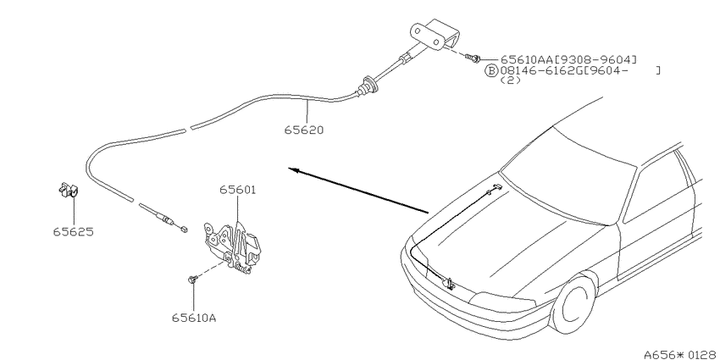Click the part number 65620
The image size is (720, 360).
303,130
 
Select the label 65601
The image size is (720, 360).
237,190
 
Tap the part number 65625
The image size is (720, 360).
73,232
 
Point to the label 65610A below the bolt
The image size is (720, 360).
194,318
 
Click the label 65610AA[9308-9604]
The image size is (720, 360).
568,59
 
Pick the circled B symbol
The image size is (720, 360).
491,70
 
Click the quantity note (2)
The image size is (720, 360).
510,80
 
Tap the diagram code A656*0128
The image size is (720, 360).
681,354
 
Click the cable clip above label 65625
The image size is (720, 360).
68,190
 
